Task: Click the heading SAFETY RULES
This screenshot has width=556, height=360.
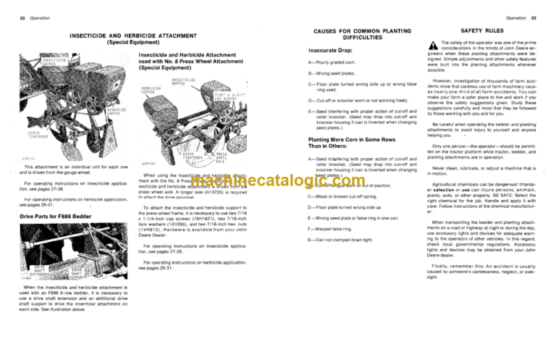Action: [483, 33]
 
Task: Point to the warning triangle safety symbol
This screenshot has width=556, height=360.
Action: [432, 45]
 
